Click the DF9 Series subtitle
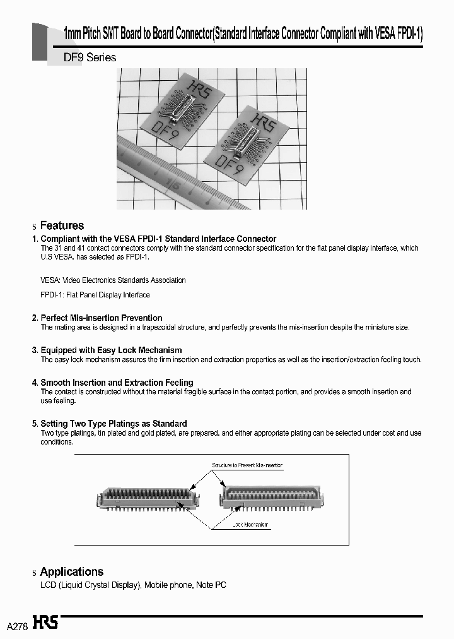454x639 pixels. pyautogui.click(x=90, y=57)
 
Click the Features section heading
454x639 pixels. pyautogui.click(x=62, y=225)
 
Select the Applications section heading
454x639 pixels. pyautogui.click(x=71, y=571)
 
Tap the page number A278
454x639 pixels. pyautogui.click(x=17, y=626)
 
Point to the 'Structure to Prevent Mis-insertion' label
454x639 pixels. pyautogui.click(x=247, y=465)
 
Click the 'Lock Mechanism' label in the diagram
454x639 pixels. pyautogui.click(x=250, y=525)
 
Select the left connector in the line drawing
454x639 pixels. pyautogui.click(x=146, y=496)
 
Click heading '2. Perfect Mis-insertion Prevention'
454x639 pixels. pyautogui.click(x=102, y=318)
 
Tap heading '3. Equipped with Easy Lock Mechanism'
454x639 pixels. pyautogui.click(x=111, y=350)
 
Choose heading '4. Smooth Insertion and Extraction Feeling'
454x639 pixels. pyautogui.click(x=117, y=383)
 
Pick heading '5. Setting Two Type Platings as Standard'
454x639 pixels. pyautogui.click(x=113, y=423)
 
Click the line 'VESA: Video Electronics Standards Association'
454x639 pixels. pyautogui.click(x=113, y=280)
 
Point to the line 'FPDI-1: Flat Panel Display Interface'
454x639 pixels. pyautogui.click(x=95, y=295)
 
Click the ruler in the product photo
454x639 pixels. pyautogui.click(x=170, y=174)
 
